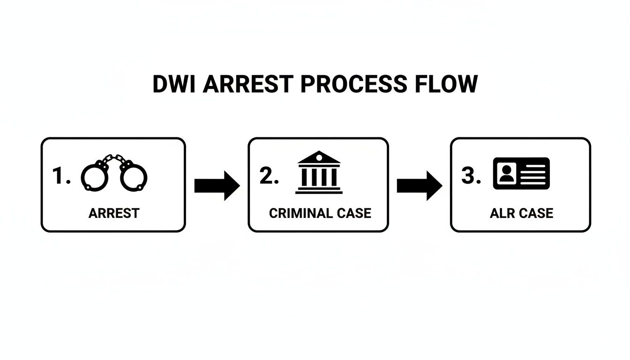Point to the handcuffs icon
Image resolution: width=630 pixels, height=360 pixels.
tap(114, 174)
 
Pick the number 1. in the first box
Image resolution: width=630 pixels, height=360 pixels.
tap(61, 177)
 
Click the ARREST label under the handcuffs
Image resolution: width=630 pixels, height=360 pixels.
tap(114, 213)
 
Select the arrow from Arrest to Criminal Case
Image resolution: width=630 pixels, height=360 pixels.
tap(217, 185)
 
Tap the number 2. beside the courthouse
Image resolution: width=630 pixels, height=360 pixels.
tap(269, 177)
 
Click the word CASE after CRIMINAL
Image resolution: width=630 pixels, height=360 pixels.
tap(354, 213)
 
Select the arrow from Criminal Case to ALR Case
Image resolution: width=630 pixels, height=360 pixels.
tap(419, 185)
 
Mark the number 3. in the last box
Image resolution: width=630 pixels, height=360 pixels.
tap(472, 177)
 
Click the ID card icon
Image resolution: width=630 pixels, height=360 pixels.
tap(521, 173)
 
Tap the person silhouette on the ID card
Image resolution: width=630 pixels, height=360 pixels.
tap(505, 173)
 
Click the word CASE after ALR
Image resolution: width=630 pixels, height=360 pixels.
tap(536, 213)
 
